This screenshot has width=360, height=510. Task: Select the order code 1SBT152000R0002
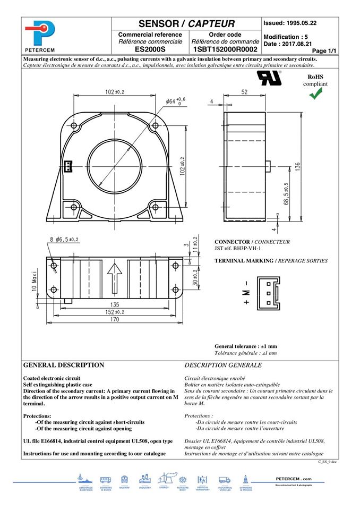click(x=225, y=49)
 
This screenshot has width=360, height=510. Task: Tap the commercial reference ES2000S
click(x=150, y=49)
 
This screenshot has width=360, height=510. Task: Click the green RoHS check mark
click(x=316, y=93)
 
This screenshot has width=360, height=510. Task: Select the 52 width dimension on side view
click(x=244, y=92)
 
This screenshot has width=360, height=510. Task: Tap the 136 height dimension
click(x=298, y=166)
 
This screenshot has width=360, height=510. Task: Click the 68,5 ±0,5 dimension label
click(x=287, y=194)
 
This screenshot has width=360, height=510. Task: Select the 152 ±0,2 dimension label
click(x=113, y=312)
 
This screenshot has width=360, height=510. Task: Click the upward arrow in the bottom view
click(x=113, y=276)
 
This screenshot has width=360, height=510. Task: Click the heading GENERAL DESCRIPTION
click(x=64, y=365)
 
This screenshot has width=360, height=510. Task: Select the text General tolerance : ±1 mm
click(x=245, y=346)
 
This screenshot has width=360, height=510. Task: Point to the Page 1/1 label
click(x=324, y=50)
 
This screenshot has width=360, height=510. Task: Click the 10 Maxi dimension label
click(x=33, y=279)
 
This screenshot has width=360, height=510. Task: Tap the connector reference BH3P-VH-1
click(x=238, y=249)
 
